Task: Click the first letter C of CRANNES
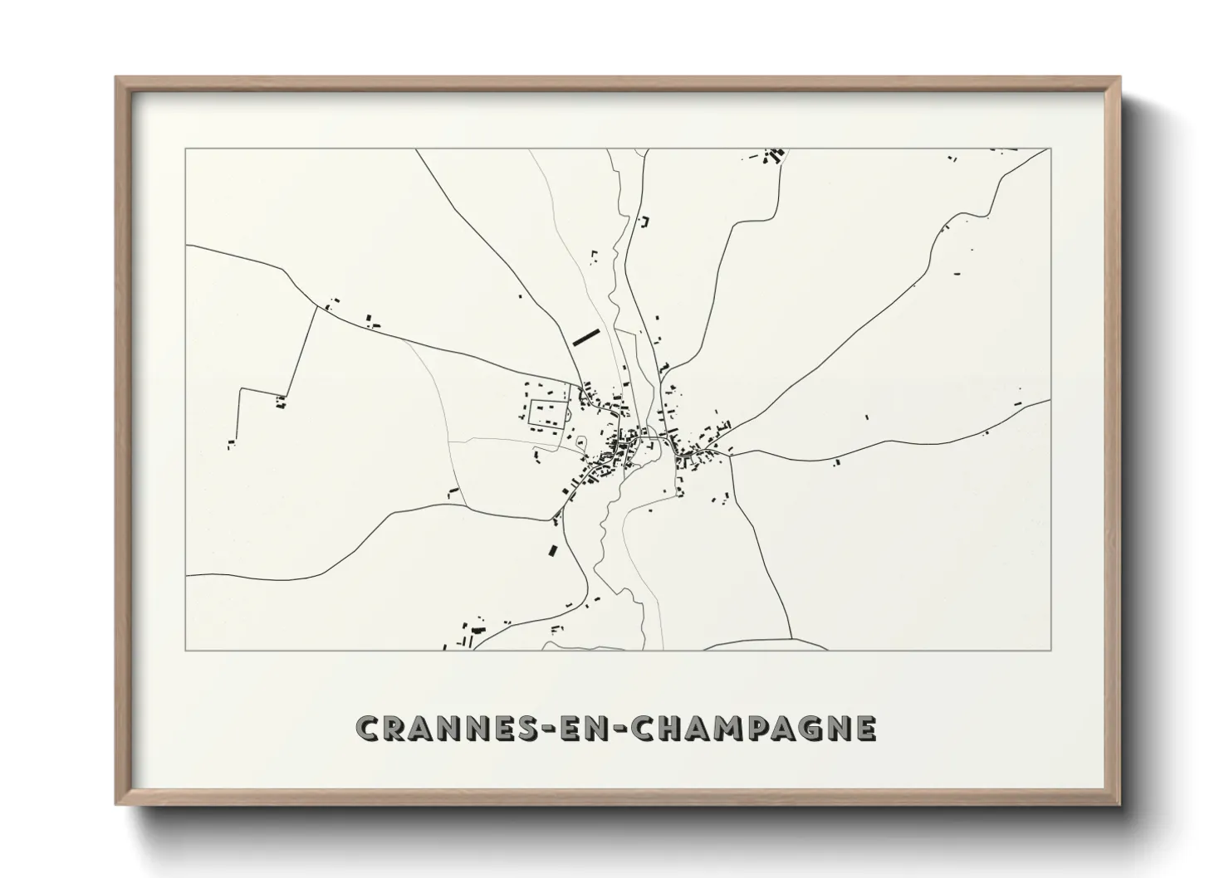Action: [368, 729]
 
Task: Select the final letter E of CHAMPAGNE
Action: [864, 729]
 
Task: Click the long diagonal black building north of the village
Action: [585, 336]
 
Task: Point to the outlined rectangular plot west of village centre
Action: [548, 412]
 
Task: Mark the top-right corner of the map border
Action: [1050, 149]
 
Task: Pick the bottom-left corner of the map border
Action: [186, 650]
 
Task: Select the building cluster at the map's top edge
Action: [773, 156]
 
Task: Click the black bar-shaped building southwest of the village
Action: [553, 549]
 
